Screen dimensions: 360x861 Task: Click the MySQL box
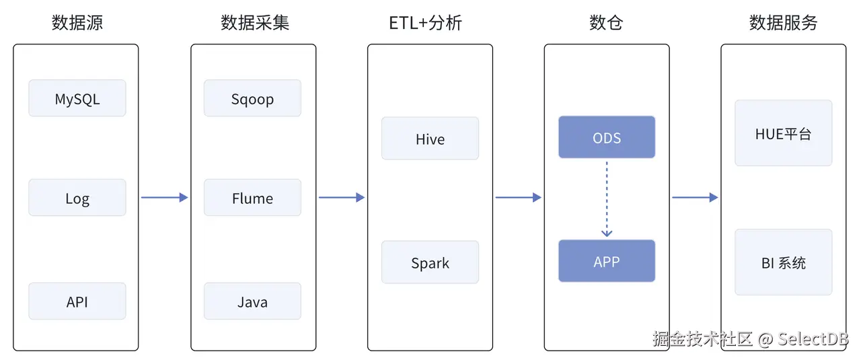(77, 98)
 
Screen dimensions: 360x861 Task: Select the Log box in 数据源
(77, 198)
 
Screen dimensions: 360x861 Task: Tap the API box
(77, 301)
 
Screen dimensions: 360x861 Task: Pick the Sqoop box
(252, 98)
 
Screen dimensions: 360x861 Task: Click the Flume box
(252, 198)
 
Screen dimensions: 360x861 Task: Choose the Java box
(252, 301)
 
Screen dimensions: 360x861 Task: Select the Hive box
(430, 139)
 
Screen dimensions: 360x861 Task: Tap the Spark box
(430, 262)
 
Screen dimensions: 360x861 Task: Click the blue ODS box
(607, 137)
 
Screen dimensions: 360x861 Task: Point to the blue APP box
(607, 261)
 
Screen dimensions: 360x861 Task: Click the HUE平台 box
(783, 133)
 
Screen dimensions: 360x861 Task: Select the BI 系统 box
(783, 262)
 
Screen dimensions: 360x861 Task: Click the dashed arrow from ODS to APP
(607, 199)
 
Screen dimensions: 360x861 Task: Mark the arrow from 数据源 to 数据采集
(164, 197)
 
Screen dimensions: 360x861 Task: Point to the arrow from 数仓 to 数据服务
(695, 197)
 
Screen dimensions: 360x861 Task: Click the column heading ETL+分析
(425, 23)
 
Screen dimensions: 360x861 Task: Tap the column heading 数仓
(606, 23)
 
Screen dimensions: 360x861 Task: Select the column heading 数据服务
(783, 23)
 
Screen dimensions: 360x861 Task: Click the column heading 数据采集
(255, 23)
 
